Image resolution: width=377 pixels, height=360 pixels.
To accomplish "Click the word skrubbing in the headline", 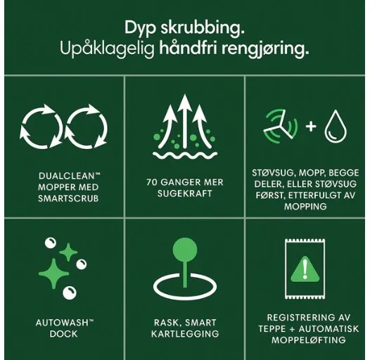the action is [x=203, y=28].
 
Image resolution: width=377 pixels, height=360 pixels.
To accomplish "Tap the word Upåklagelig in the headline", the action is [x=107, y=49].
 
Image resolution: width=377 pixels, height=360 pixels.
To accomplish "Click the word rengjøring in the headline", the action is [x=265, y=49].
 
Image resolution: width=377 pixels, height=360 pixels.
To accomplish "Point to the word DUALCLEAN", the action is [x=69, y=176].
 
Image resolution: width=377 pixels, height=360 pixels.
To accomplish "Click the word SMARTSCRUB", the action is [x=68, y=198].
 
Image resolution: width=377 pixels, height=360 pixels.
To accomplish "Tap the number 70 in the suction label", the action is [x=151, y=182].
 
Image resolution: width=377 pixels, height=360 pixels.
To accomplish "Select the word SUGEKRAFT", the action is [x=185, y=193].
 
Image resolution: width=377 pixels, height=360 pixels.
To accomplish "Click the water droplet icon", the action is [x=336, y=127].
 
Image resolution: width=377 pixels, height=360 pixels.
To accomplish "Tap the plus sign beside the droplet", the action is [x=311, y=127].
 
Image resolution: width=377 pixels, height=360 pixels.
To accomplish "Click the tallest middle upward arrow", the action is [x=185, y=121].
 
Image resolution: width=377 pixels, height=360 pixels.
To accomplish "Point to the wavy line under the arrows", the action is [x=185, y=155].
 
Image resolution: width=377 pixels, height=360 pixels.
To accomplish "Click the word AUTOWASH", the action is [x=62, y=323].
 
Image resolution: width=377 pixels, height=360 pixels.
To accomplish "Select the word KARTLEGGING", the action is [x=185, y=334].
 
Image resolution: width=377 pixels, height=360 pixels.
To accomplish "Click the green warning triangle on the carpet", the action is [x=305, y=269].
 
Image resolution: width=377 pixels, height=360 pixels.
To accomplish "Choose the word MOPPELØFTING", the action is [x=309, y=340].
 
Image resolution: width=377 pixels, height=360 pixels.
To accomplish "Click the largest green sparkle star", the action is [x=54, y=274].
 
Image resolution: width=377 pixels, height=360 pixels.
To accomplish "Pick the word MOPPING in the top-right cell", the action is [x=305, y=207].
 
